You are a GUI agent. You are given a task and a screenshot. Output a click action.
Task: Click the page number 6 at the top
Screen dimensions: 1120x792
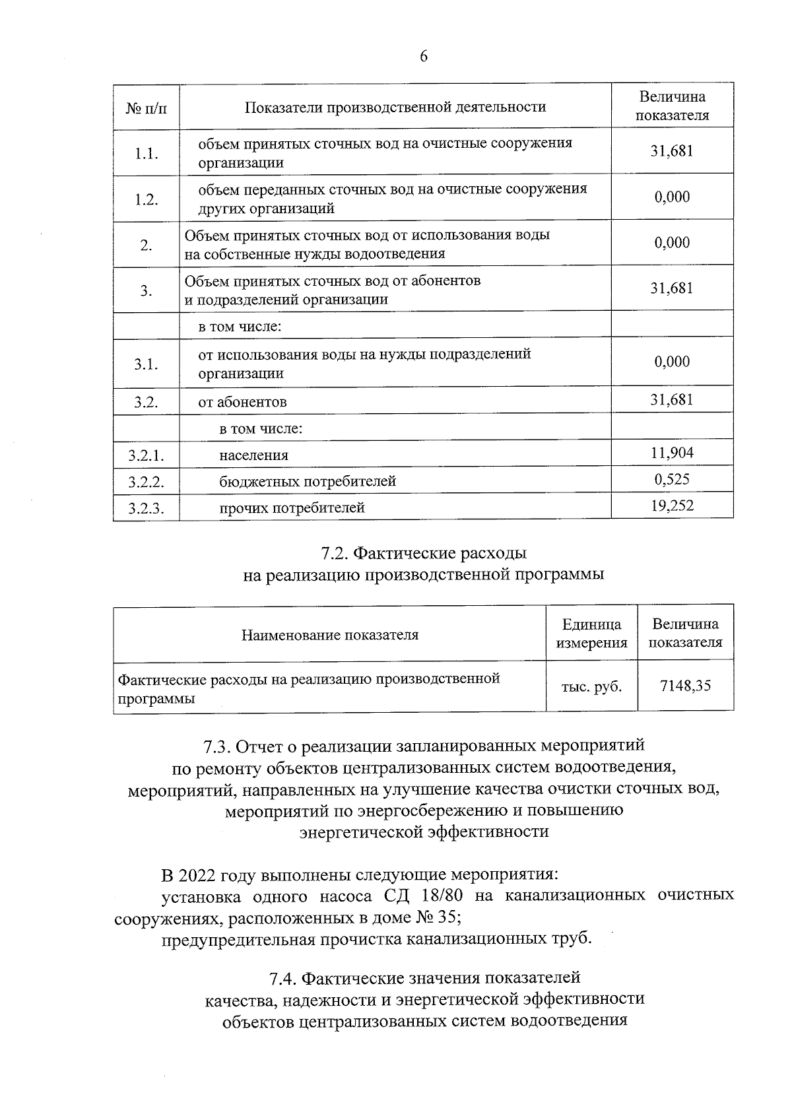(x=424, y=57)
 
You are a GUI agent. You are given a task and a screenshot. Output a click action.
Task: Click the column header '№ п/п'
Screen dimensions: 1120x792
(x=146, y=107)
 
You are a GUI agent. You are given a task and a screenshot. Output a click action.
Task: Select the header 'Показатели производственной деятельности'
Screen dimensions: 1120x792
(x=395, y=107)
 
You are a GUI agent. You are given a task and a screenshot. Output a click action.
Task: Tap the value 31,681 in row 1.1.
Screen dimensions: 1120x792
(x=672, y=150)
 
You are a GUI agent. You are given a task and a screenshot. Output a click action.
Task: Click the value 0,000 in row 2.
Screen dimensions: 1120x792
(x=672, y=243)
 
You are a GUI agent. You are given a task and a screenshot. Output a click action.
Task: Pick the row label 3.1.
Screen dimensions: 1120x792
(x=146, y=364)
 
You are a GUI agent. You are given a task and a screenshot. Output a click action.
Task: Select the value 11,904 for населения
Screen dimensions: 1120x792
(x=672, y=453)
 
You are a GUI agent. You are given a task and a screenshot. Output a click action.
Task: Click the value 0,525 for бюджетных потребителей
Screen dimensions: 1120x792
(x=672, y=479)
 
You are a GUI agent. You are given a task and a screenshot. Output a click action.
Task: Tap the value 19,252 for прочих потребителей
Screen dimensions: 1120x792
(x=672, y=506)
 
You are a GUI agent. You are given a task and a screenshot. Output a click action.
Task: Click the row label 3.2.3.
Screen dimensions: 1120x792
(x=146, y=508)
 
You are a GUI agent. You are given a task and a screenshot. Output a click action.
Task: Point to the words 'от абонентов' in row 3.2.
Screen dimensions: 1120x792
(x=242, y=402)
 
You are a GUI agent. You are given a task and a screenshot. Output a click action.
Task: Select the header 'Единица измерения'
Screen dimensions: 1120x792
(x=591, y=634)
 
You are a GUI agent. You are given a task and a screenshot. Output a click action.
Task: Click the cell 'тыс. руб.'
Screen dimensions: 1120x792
(x=591, y=686)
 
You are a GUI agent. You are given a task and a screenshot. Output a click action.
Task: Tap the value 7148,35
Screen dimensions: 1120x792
(x=685, y=686)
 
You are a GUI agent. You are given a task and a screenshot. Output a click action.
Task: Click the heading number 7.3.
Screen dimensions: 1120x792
(x=217, y=746)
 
